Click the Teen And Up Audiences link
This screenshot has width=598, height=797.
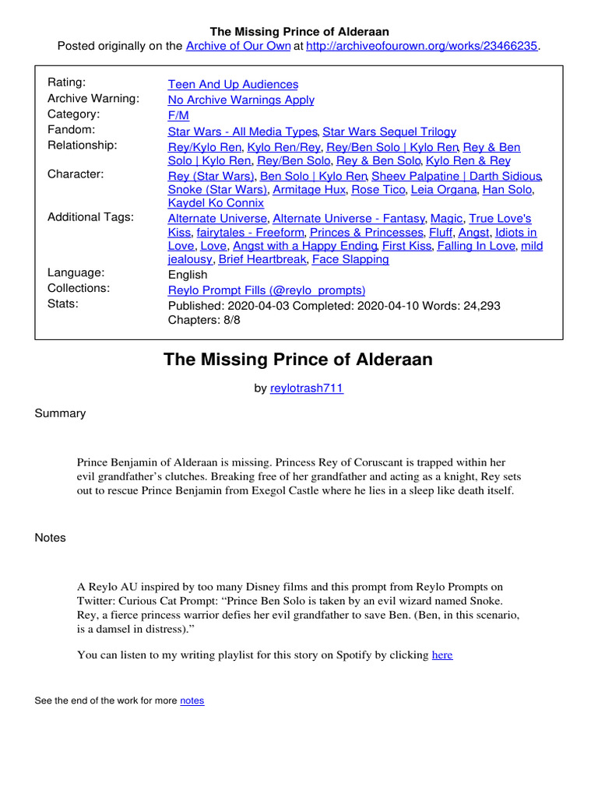point(233,84)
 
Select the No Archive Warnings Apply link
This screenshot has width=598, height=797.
point(241,100)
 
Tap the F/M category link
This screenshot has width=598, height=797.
point(178,115)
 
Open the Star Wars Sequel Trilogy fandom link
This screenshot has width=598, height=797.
point(389,132)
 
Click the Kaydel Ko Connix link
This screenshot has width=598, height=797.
point(216,203)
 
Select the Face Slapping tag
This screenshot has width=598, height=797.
point(350,259)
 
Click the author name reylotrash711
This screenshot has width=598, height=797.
point(307,388)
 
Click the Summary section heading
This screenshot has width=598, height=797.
point(60,413)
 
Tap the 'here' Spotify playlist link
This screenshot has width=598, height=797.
point(442,655)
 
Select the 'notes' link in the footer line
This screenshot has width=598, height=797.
point(192,700)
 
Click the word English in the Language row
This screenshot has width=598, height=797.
point(188,274)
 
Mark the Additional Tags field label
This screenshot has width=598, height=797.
point(90,217)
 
